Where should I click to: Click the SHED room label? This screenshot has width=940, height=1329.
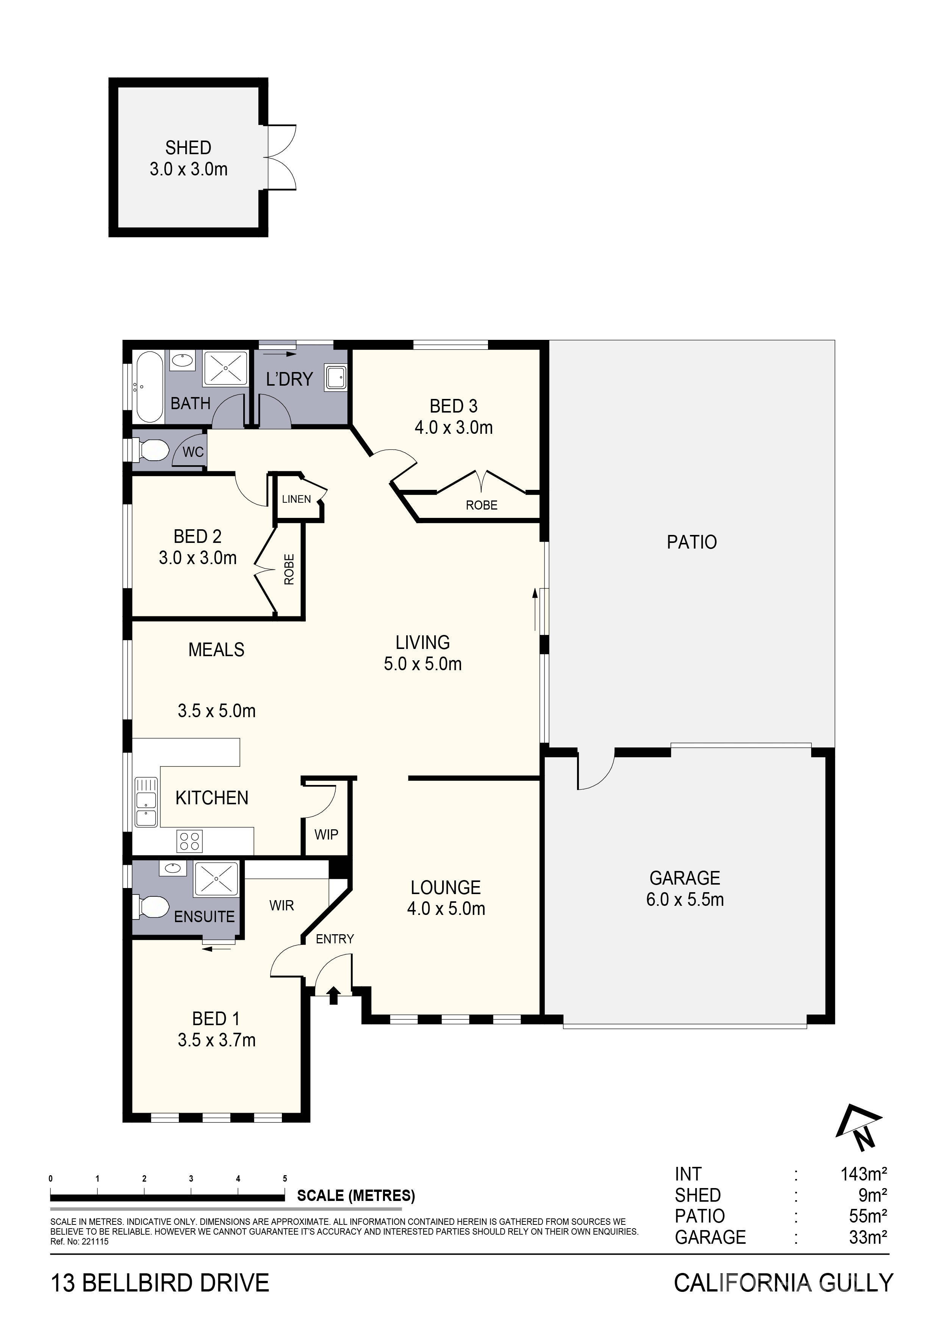188,148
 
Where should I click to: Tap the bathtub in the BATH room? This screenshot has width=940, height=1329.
149,387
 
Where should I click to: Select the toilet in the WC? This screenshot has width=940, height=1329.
152,450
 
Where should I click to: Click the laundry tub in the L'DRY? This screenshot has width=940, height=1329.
336,377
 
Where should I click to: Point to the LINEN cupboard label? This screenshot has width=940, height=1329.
296,499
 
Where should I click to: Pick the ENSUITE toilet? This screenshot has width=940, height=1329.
151,907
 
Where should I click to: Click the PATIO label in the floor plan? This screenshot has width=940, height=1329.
692,543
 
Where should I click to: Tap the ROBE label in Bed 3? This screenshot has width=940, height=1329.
482,505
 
